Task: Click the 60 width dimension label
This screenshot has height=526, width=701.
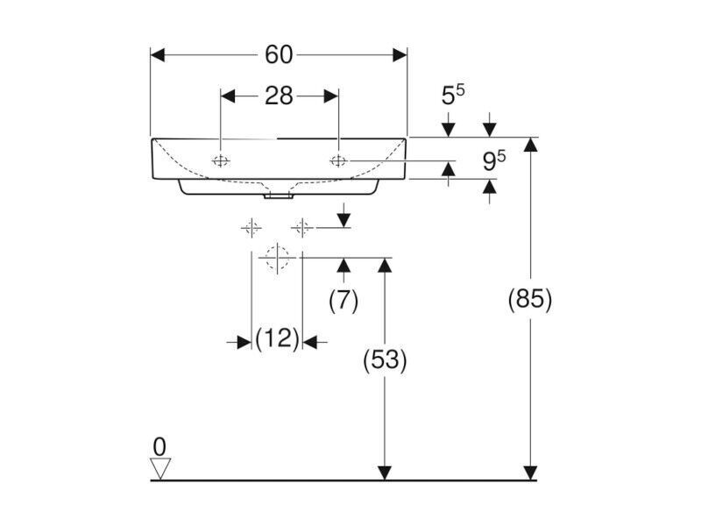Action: tap(279, 55)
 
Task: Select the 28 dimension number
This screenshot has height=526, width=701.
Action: tap(279, 96)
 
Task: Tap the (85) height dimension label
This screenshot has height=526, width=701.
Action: tap(530, 299)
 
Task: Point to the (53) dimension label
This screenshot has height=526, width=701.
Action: tap(385, 360)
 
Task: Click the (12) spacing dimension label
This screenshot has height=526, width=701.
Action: tap(277, 338)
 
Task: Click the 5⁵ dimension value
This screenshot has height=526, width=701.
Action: tap(453, 95)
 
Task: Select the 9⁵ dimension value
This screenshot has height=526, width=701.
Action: tap(494, 160)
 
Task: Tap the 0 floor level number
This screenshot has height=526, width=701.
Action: tap(159, 446)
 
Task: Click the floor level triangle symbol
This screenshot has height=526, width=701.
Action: tap(160, 468)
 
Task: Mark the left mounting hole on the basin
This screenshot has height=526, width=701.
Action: tap(221, 161)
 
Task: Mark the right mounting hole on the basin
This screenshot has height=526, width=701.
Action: tap(338, 160)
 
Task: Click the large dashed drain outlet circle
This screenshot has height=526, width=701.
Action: tap(277, 258)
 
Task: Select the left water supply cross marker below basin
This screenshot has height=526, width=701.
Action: tap(251, 229)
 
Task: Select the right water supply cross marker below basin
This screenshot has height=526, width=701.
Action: tap(302, 229)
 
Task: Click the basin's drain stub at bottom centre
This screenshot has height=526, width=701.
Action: tap(278, 195)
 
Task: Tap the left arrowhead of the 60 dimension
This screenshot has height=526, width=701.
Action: tap(158, 55)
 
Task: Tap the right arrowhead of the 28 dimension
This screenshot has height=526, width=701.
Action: tap(331, 96)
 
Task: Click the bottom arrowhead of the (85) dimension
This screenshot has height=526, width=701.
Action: tap(531, 473)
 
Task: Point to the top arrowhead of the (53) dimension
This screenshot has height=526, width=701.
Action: tap(385, 266)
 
